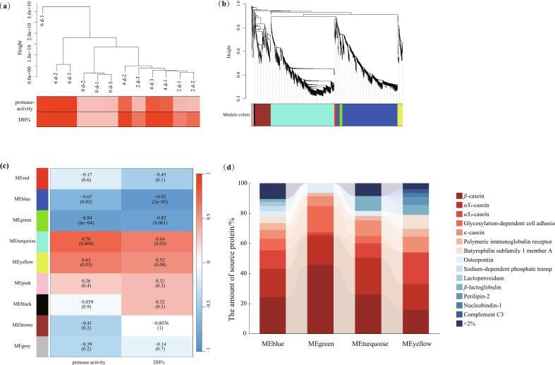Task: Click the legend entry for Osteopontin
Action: (x=477, y=258)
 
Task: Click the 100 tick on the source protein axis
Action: (x=252, y=184)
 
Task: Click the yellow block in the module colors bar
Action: (x=401, y=114)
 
